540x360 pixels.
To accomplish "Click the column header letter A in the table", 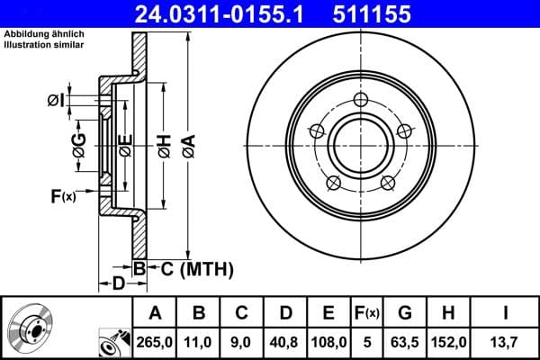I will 155,313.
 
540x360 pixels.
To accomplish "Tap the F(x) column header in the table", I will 366,313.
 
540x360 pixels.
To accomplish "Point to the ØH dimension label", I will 164,144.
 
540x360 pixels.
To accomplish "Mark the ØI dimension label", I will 56,101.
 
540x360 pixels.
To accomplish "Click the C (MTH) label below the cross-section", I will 195,268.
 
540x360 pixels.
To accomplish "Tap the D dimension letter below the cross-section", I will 119,284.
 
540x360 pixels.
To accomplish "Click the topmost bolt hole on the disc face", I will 361,99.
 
